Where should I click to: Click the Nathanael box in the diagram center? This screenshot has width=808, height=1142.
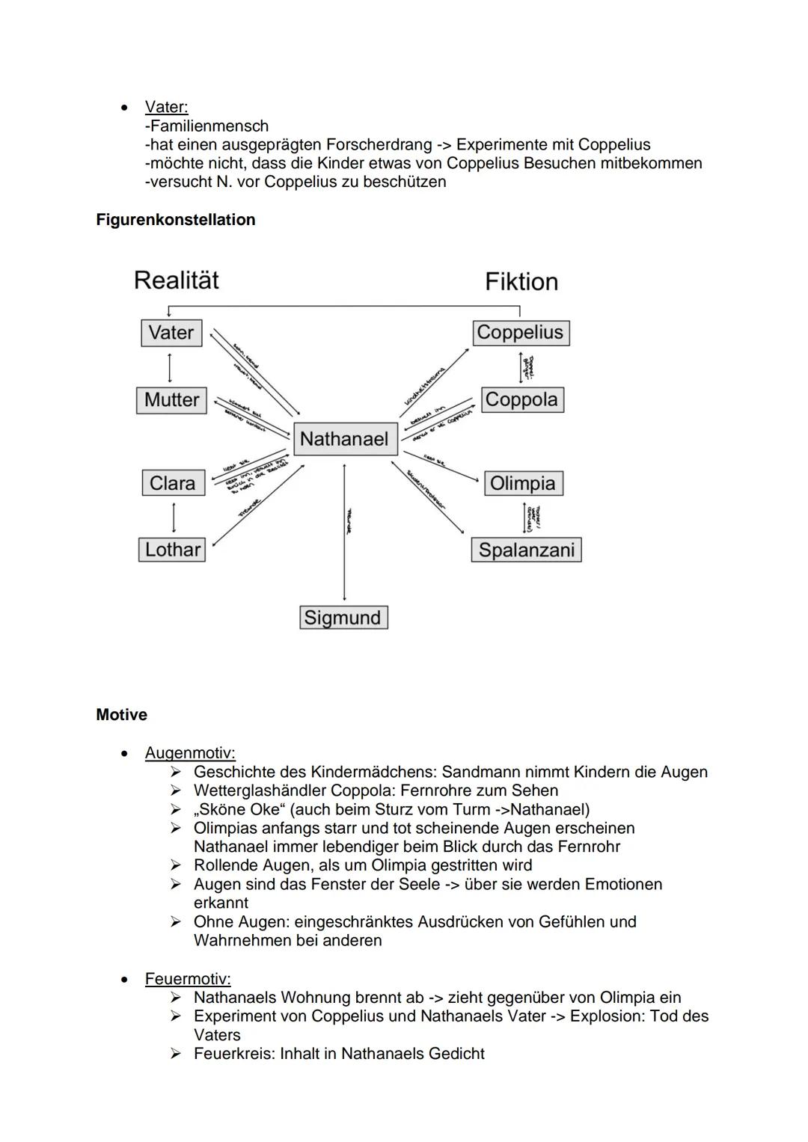coord(345,439)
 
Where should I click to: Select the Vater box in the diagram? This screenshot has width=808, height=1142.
coord(171,333)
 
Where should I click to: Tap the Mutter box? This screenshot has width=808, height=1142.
coord(171,400)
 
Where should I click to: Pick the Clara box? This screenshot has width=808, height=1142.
coord(172,483)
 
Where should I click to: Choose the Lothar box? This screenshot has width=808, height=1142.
coord(172,550)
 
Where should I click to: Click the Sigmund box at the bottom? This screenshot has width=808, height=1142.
coord(343,618)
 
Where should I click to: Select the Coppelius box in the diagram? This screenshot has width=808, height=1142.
coord(520,333)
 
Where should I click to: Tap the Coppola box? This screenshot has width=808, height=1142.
coord(521,400)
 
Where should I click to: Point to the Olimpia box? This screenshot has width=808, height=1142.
coord(522,483)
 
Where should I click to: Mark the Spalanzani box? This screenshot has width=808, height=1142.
coord(526,550)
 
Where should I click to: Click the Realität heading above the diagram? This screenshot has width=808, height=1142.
coord(177,280)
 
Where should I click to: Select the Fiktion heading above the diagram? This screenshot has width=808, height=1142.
coord(521,282)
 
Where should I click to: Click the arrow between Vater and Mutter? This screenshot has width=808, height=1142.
coord(171,366)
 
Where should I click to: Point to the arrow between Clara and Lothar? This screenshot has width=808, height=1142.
coord(174,517)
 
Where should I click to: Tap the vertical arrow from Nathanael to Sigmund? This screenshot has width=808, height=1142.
coord(344,531)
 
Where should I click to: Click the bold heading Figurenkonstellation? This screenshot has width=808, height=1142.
coord(176,220)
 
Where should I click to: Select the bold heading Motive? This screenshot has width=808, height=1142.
coord(121,715)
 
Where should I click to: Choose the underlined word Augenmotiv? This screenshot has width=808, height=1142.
coord(190,753)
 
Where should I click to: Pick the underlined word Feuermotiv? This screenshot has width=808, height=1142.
coord(188,979)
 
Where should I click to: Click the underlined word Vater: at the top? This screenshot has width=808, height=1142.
coord(166,107)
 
